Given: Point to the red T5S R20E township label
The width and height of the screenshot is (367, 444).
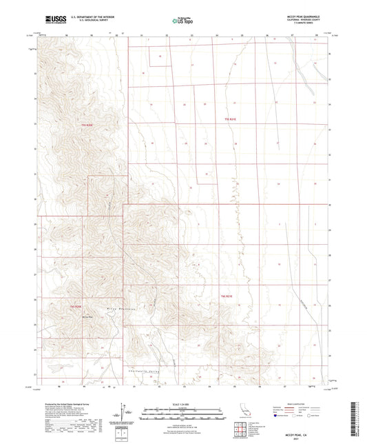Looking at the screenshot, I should click(x=86, y=125).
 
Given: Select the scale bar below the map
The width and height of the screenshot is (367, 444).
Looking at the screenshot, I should click(x=182, y=410).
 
